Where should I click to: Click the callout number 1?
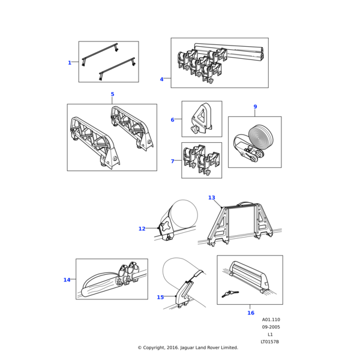coord(70,63)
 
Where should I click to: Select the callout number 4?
coord(161,79)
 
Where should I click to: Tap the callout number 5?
coord(112,94)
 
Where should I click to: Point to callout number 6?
coord(172,120)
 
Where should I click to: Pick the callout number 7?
coord(172,161)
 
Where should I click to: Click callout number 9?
coord(255,107)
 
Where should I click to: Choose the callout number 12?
coord(142,229)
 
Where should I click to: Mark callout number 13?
coord(211,197)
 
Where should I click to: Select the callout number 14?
coord(67,280)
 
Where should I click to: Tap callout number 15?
coord(160,297)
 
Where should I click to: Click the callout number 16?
coord(251,313)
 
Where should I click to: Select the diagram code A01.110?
coord(270,320)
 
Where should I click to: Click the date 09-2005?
coord(270,327)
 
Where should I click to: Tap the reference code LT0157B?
coord(270,341)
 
